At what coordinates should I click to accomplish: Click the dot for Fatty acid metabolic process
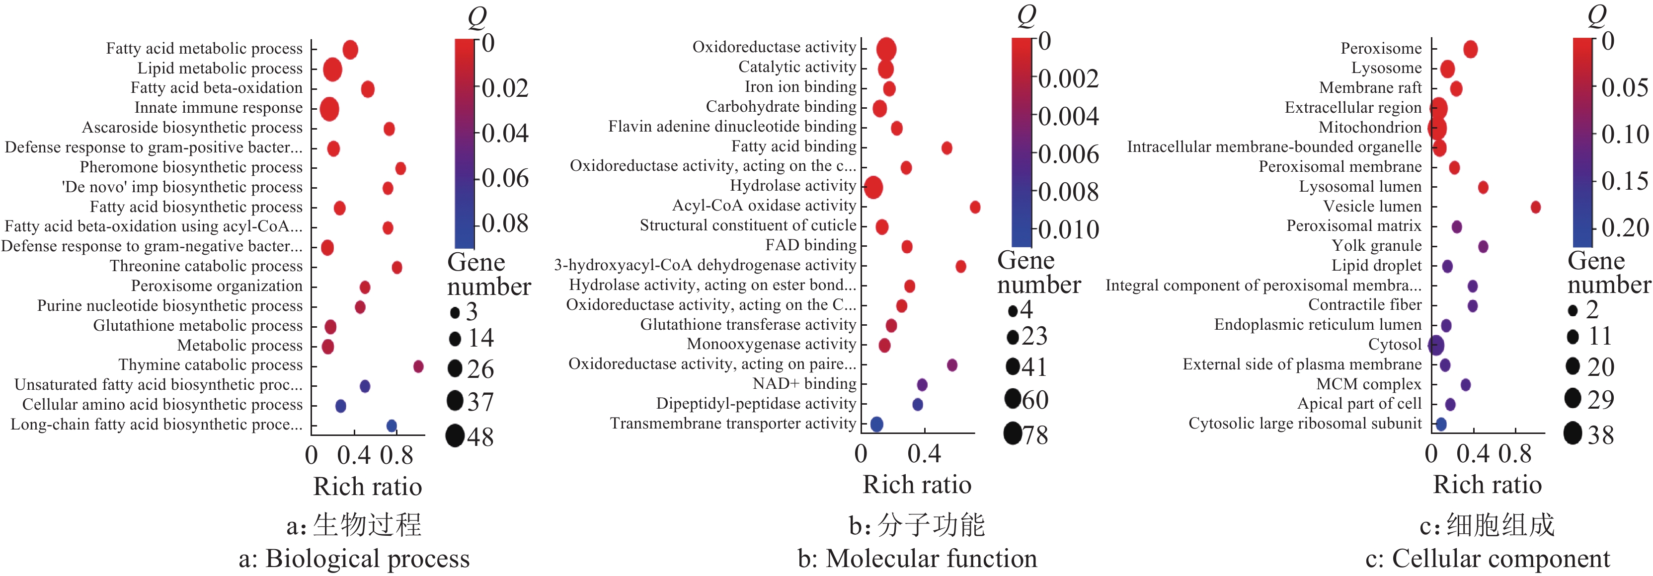(x=350, y=49)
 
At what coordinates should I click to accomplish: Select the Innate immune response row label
(x=218, y=108)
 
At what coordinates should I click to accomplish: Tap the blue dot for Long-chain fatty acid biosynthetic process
(x=392, y=425)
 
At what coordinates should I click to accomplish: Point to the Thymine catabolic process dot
(x=418, y=366)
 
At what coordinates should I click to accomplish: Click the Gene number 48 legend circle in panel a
(x=455, y=436)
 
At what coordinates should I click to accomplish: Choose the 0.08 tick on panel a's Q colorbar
(x=505, y=224)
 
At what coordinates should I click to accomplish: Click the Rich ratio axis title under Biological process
(x=367, y=486)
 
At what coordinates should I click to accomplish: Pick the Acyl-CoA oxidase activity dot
(x=975, y=207)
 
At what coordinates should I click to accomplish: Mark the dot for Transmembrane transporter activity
(x=876, y=424)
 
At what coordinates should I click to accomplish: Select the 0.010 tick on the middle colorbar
(x=1068, y=229)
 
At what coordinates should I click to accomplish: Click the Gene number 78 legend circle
(x=1013, y=433)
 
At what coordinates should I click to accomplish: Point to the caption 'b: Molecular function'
(x=917, y=559)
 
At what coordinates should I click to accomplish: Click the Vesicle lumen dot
(x=1536, y=207)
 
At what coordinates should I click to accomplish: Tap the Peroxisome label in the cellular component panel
(x=1381, y=49)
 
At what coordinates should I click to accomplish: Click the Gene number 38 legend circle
(x=1573, y=433)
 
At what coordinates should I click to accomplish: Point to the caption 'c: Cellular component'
(x=1488, y=559)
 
